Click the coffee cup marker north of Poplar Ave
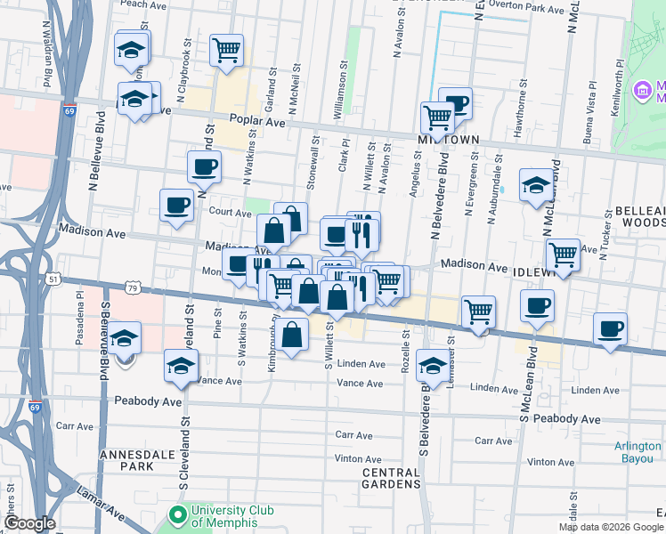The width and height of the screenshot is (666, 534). (x=457, y=104)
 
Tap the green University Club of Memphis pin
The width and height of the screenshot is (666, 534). (x=177, y=514)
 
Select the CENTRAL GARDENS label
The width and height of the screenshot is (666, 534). (x=390, y=478)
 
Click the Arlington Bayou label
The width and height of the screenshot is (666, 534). (x=638, y=452)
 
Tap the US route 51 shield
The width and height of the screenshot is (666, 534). (x=54, y=279)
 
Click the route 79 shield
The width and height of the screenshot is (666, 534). (x=133, y=287)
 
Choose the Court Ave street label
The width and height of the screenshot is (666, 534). (x=230, y=213)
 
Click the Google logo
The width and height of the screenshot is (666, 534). (x=29, y=523)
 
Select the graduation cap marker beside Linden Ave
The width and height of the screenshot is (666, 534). (x=433, y=365)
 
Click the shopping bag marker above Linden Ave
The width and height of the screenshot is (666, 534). (x=293, y=335)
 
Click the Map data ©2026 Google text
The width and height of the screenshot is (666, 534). (x=610, y=527)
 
